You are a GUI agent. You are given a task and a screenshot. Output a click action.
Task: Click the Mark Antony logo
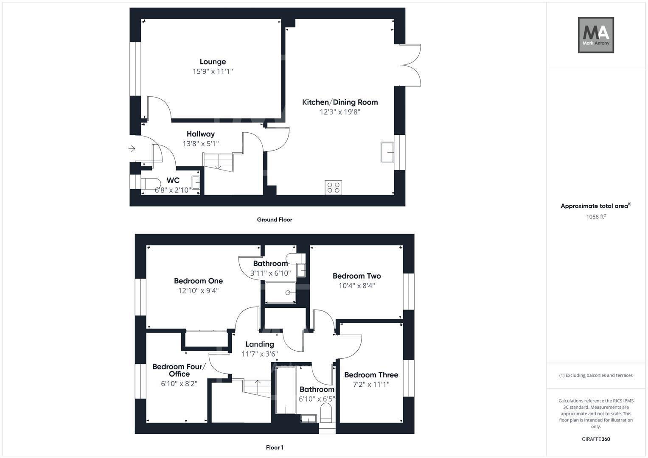pyautogui.click(x=596, y=35)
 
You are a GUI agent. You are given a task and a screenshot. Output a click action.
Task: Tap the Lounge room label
pyautogui.click(x=213, y=62)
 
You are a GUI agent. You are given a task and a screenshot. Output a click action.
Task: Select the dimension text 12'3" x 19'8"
pyautogui.click(x=340, y=112)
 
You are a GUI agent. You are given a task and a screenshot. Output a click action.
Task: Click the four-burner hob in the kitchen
pyautogui.click(x=334, y=187)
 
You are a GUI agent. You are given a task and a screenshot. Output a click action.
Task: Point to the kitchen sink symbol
pyautogui.click(x=387, y=152)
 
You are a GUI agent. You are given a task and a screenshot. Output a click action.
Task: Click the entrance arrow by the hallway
pyautogui.click(x=132, y=148)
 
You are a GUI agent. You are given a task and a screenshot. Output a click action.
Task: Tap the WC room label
pyautogui.click(x=173, y=180)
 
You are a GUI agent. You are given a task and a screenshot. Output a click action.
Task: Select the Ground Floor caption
pyautogui.click(x=275, y=220)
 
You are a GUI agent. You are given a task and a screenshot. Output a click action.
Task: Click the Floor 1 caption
pyautogui.click(x=275, y=447)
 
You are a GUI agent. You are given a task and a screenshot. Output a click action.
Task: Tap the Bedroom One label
pyautogui.click(x=198, y=281)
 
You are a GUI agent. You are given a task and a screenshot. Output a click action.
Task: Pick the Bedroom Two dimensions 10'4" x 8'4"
pyautogui.click(x=356, y=286)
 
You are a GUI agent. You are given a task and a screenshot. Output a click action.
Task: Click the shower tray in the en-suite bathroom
pyautogui.click(x=281, y=293)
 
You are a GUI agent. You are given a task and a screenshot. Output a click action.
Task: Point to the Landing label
pyautogui.click(x=260, y=344)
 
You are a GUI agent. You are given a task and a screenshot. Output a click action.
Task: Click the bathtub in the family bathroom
pyautogui.click(x=286, y=390)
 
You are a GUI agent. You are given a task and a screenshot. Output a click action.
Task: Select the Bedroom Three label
pyautogui.click(x=371, y=375)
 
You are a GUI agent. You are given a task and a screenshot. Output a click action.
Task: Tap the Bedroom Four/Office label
pyautogui.click(x=179, y=370)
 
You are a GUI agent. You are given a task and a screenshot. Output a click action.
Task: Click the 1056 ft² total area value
pyautogui.click(x=596, y=217)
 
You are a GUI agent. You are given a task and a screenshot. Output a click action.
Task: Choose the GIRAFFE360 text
pyautogui.click(x=596, y=439)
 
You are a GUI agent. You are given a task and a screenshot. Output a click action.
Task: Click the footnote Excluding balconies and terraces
pyautogui.click(x=596, y=375)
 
